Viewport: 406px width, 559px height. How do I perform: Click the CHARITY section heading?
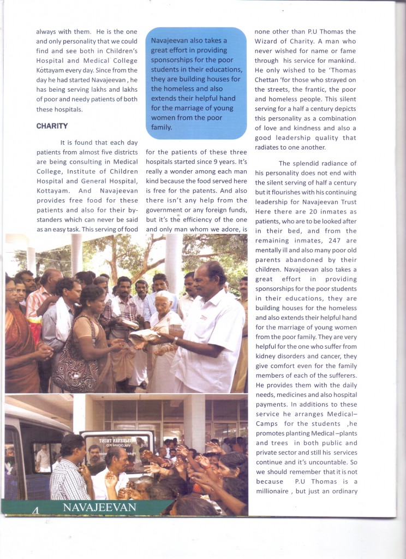coord(52,126)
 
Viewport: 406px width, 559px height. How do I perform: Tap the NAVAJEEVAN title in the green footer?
coord(99,508)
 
